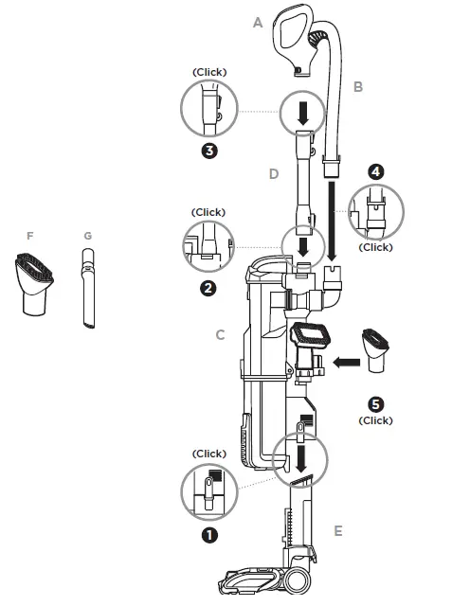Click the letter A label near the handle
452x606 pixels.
click(257, 23)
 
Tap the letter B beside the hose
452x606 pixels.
click(358, 86)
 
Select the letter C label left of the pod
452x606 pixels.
click(220, 334)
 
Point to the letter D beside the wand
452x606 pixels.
click(274, 174)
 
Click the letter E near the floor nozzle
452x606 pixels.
click(337, 530)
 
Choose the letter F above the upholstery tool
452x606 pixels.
click(30, 235)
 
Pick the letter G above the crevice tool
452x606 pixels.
click(87, 235)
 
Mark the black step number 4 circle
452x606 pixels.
click(375, 172)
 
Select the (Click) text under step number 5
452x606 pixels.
click(375, 420)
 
